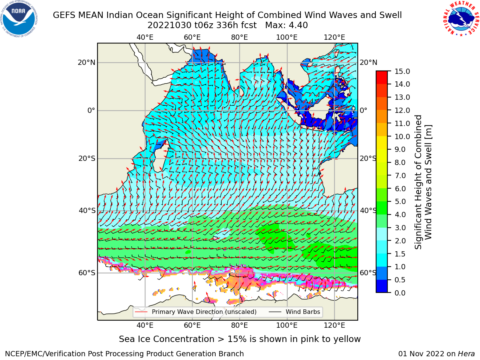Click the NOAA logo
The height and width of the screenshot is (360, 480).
(x=19, y=19)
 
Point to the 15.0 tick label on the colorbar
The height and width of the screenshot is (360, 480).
(x=402, y=71)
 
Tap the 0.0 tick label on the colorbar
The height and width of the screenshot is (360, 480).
(x=400, y=292)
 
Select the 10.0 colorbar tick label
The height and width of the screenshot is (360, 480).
(x=402, y=136)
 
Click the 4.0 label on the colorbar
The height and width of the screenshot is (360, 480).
(x=400, y=214)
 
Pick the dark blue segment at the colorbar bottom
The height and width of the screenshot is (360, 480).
(x=382, y=286)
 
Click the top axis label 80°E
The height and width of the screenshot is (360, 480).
(x=240, y=37)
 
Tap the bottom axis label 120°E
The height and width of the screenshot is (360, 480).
(x=334, y=325)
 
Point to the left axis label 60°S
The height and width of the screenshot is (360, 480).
(x=87, y=273)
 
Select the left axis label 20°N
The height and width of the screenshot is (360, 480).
(x=87, y=63)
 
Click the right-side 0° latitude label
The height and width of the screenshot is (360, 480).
(x=363, y=110)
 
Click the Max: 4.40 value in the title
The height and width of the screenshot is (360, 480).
(x=286, y=25)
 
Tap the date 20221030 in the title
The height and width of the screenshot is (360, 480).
(x=169, y=25)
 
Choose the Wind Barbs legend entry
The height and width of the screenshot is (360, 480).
(x=294, y=312)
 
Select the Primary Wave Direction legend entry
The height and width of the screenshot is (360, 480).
(x=196, y=312)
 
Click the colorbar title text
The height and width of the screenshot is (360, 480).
(x=423, y=182)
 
